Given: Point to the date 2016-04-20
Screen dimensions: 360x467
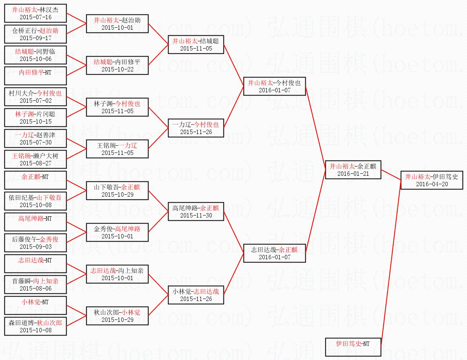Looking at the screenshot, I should click(432, 184).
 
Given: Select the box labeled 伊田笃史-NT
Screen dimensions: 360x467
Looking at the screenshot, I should click(353, 347).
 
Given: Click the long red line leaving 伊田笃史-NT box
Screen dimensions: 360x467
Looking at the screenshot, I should click(390, 265).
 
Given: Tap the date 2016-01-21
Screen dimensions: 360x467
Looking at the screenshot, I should click(353, 174).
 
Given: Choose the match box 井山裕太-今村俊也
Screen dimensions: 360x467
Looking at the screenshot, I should click(274, 86).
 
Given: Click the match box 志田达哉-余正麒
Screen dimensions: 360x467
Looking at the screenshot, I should click(274, 253).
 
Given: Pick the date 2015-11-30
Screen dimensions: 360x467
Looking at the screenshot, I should click(196, 216).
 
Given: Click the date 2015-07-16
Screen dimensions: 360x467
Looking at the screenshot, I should click(35, 17).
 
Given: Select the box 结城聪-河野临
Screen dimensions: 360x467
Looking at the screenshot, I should click(35, 55).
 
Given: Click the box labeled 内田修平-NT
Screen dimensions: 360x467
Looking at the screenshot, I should click(35, 76).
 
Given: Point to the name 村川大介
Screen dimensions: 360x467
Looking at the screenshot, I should click(22, 93).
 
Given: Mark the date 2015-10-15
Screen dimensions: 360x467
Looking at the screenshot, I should click(35, 122).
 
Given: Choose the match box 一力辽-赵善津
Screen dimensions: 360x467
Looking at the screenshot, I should click(35, 138).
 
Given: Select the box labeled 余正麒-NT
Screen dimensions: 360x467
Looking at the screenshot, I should click(35, 180).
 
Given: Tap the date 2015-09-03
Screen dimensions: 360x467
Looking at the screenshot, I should click(35, 247).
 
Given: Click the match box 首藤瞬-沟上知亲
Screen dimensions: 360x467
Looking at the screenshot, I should click(35, 285).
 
